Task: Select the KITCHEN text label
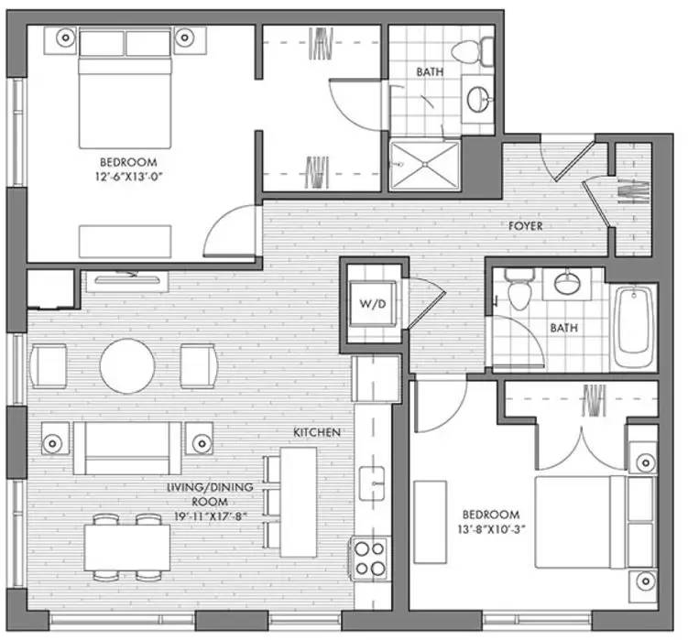point(317,431)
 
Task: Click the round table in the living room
point(127,365)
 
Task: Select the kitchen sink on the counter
point(371,482)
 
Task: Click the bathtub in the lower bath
point(634,326)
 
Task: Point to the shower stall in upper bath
point(424,165)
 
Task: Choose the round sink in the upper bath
point(479,99)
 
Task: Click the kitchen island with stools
point(299,500)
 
